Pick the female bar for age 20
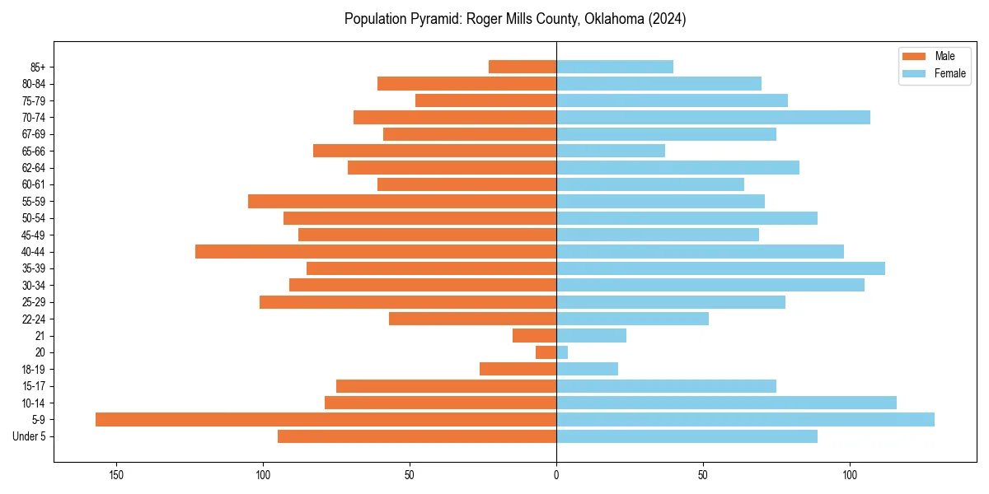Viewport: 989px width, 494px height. pos(562,352)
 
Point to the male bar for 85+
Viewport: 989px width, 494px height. pos(523,67)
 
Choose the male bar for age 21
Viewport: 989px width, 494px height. pos(534,335)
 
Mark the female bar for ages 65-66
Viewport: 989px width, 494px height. pos(611,151)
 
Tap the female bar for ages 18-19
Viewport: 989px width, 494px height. pos(587,369)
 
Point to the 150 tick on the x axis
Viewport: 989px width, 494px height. pos(116,475)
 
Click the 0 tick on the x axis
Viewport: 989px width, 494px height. pos(556,475)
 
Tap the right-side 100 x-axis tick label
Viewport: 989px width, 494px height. pos(850,475)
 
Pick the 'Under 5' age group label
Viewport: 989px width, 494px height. pos(29,436)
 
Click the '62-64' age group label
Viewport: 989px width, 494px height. pos(34,168)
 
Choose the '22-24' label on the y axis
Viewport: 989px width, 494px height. pos(34,319)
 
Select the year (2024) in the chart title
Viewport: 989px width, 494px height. pos(667,19)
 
